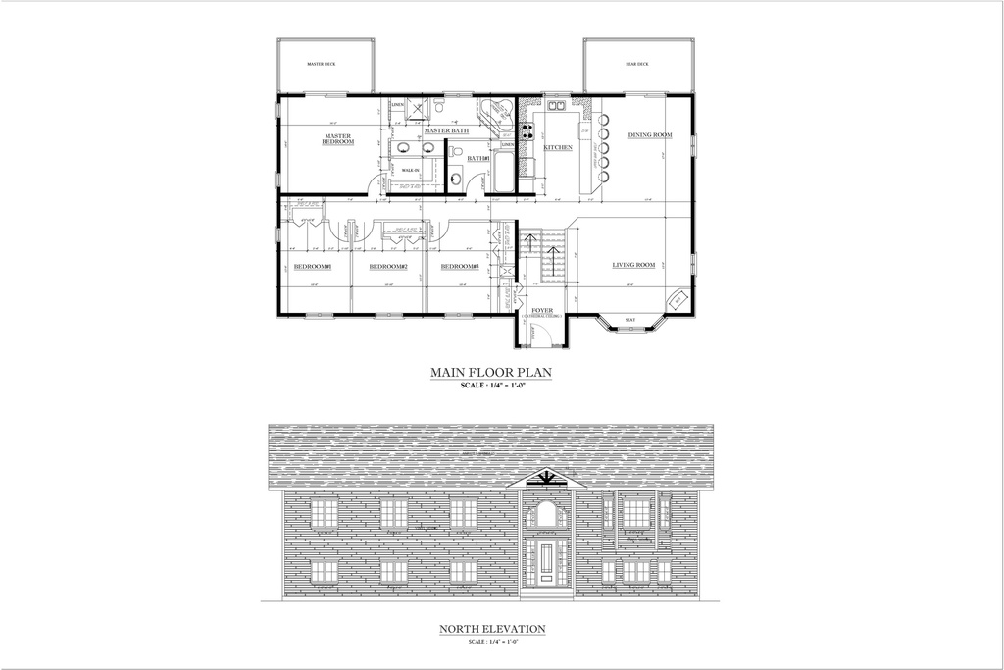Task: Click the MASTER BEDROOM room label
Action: (337, 139)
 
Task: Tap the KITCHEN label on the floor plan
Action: (558, 147)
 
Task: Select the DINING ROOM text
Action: (650, 134)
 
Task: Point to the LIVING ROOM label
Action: (633, 265)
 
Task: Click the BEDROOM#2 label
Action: (388, 267)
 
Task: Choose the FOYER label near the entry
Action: (542, 311)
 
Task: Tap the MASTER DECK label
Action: (322, 65)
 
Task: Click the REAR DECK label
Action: (637, 65)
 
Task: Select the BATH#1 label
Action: (477, 158)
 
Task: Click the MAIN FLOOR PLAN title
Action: (492, 372)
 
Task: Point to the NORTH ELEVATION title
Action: (492, 629)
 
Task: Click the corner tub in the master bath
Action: (497, 114)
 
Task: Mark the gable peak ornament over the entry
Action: (546, 478)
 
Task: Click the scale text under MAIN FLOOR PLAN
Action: (492, 387)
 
